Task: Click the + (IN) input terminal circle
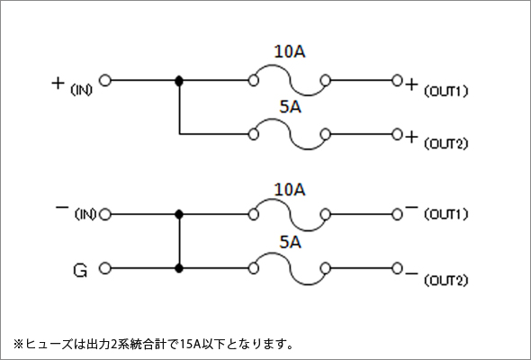[105, 81]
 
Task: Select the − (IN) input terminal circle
[105, 214]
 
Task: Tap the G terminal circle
[105, 268]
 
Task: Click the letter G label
[80, 271]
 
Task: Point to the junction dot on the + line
[179, 81]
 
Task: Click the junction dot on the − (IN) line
[179, 214]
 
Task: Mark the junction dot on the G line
[179, 268]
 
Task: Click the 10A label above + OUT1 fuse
[290, 52]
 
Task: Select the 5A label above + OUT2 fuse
[290, 107]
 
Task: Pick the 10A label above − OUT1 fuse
[290, 190]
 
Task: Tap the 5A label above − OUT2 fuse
[290, 242]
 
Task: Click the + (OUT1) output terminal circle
[397, 81]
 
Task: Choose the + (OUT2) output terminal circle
[397, 134]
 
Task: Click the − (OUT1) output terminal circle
[397, 214]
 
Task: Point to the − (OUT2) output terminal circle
[397, 268]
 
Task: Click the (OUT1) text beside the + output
[446, 91]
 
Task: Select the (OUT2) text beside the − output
[446, 281]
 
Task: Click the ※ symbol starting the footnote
[18, 344]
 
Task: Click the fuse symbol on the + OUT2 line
[290, 134]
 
